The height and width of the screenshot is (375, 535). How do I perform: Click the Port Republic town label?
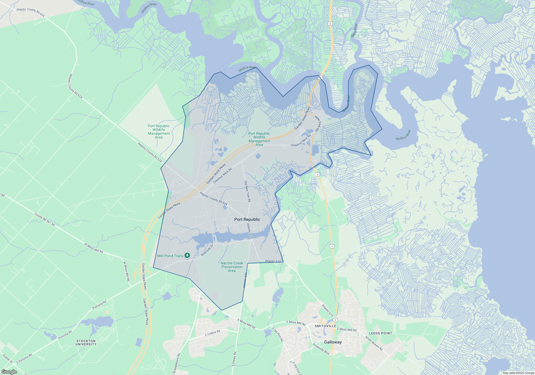[x=247, y=219]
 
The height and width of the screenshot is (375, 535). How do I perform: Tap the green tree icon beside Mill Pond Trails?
[x=187, y=255]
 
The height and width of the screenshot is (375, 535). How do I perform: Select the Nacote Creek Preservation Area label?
[x=232, y=267]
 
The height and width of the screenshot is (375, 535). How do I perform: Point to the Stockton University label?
[x=86, y=343]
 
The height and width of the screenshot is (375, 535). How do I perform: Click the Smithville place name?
[x=325, y=326]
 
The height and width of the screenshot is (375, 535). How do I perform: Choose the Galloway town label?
[x=333, y=342]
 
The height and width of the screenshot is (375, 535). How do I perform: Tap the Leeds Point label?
[x=380, y=333]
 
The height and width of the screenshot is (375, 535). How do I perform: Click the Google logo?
[x=9, y=372]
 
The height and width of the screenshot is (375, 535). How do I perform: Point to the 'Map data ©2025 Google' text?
[x=518, y=373]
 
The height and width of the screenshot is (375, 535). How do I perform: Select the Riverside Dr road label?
[x=207, y=250]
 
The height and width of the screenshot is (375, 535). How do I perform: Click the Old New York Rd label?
[x=247, y=191]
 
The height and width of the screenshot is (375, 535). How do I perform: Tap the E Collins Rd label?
[x=212, y=333]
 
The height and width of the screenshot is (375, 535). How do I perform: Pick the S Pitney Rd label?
[x=234, y=359]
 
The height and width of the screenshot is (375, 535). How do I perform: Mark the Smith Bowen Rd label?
[x=374, y=343]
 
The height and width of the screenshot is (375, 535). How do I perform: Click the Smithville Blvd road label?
[x=321, y=349]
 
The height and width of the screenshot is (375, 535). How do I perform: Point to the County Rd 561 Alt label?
[x=45, y=219]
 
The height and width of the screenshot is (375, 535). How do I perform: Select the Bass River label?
[x=354, y=30]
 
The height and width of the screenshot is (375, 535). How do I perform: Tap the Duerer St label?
[x=7, y=358]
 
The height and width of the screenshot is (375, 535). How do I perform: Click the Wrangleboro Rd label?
[x=177, y=364]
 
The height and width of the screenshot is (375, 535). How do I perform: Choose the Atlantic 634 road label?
[x=245, y=280]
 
